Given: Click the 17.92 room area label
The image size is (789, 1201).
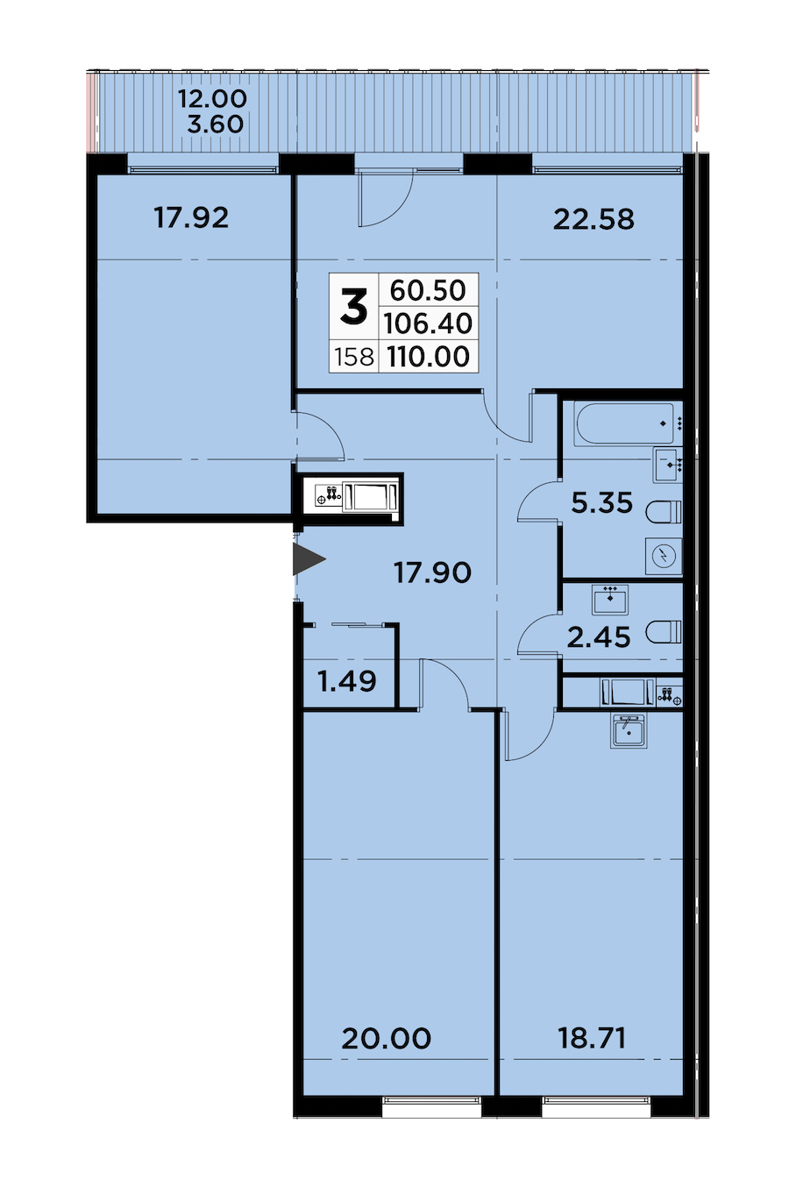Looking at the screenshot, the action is pos(191,217).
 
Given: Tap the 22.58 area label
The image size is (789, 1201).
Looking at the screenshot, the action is pos(594,220).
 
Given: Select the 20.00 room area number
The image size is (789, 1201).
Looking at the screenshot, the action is pos(386,1039).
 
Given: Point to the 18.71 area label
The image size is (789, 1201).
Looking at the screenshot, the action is pos(592,1039).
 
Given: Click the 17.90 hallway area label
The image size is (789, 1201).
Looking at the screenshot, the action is pos(432,572).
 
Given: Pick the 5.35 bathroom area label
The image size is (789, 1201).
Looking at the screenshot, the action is pos(602,503).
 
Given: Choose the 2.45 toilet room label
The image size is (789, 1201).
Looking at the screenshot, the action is pos(599,638).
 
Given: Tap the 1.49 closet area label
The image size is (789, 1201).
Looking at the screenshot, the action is pos(347,681).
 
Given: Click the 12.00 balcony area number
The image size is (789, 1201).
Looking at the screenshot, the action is pos(212,99).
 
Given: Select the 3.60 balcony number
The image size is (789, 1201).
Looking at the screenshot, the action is pos(216,124).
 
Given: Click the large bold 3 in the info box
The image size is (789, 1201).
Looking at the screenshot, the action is pos(354,306).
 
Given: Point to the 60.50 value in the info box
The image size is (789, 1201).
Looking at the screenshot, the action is pos(428,290).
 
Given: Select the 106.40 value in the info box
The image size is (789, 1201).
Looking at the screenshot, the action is pos(428,323).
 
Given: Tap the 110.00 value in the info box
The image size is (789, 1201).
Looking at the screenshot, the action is pos(429,357).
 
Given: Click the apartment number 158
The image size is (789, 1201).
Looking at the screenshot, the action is pos(354,357).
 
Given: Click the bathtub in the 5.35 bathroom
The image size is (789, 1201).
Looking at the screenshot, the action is pos(623,424).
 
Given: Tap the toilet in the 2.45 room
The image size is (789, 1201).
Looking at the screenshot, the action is pos(664,631).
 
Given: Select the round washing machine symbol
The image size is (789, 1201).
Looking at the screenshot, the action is pos(664,556).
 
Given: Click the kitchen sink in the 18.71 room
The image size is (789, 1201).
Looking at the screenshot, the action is pos(629,730).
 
